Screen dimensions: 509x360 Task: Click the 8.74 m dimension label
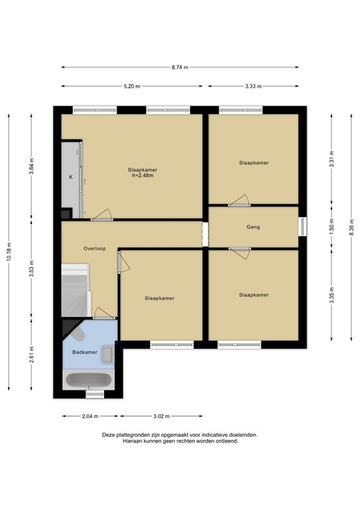[180, 67]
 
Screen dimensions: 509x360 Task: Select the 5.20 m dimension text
[131, 87]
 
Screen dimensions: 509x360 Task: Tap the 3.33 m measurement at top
[253, 87]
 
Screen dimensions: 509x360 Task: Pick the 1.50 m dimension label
[331, 227]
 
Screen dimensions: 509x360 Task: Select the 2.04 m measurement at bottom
[90, 416]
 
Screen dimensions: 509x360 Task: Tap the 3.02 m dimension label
[160, 416]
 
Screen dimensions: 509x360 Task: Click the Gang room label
[253, 227]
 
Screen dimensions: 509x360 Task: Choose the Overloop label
[95, 249]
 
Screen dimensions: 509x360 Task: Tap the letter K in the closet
[70, 177]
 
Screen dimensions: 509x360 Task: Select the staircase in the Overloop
[75, 291]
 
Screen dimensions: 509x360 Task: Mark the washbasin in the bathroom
[108, 356]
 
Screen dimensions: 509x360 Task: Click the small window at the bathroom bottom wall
[95, 395]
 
